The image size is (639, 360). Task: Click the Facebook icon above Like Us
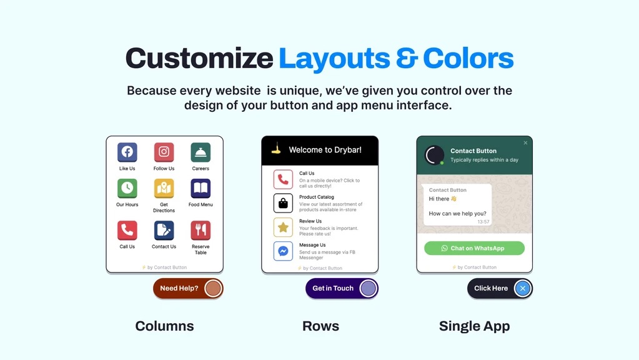[127, 152]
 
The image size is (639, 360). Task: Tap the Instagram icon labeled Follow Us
[164, 152]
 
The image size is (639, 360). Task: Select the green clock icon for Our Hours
[127, 188]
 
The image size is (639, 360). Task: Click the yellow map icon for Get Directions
[164, 188]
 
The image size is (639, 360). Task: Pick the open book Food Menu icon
[201, 188]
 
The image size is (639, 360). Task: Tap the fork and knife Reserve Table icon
[201, 230]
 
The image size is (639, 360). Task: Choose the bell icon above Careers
[201, 152]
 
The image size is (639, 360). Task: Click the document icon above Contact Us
[164, 230]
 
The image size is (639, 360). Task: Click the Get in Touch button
[333, 288]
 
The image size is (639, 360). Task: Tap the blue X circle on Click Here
[523, 288]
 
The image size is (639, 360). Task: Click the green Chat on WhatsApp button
[474, 248]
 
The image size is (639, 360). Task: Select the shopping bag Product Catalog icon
[283, 203]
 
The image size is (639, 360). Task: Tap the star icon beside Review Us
[283, 227]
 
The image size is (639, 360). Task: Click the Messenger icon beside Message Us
[283, 251]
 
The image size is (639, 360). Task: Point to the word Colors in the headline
[468, 59]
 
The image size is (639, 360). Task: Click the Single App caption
[474, 326]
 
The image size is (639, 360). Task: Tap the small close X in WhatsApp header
[525, 143]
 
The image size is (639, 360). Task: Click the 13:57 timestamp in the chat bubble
[483, 222]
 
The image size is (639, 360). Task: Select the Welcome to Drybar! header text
[325, 150]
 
